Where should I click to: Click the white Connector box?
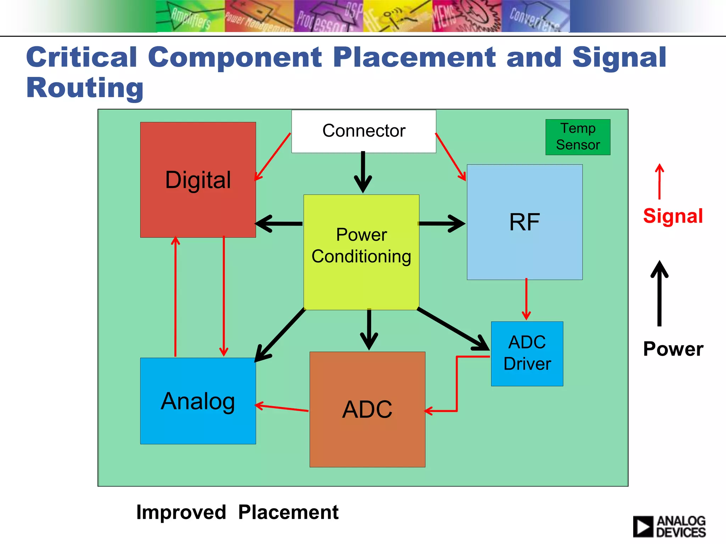[364, 131]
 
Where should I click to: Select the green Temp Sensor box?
[578, 137]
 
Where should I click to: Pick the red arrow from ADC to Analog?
[282, 408]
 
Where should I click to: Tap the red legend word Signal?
[673, 216]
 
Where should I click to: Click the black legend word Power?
[673, 349]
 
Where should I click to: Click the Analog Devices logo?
[669, 526]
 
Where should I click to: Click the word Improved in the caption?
[181, 512]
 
